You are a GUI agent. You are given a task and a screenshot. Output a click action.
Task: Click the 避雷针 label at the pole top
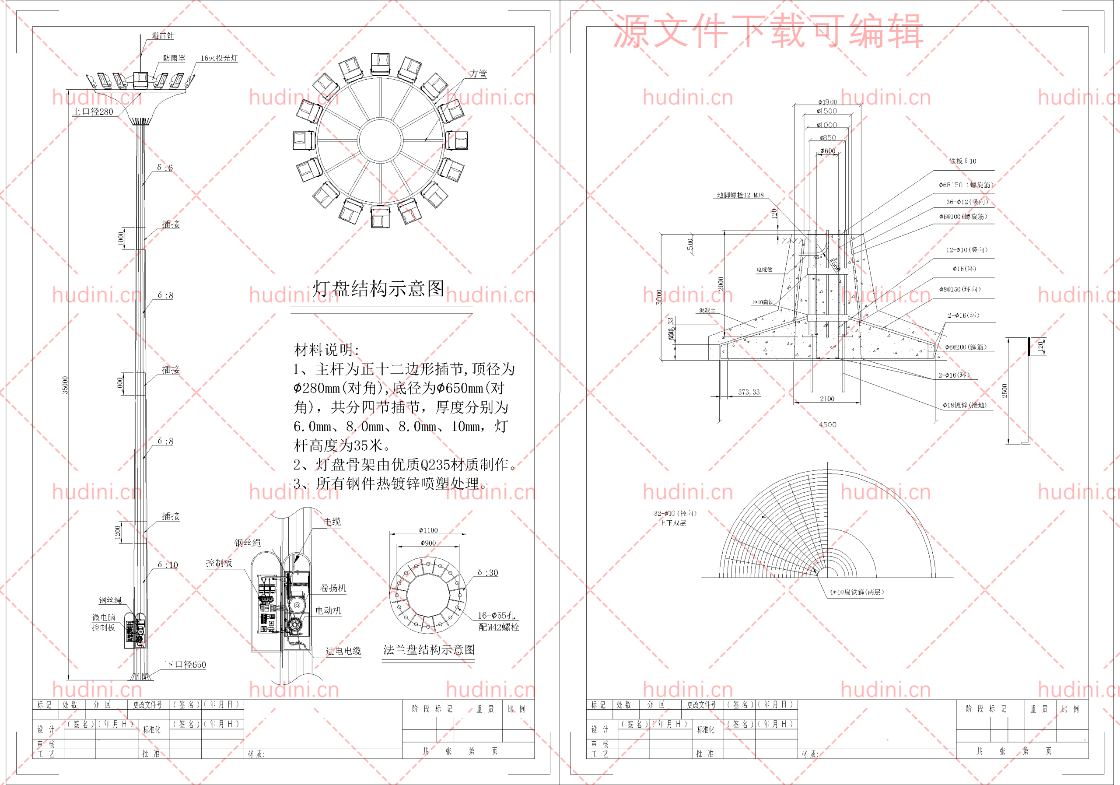(162, 35)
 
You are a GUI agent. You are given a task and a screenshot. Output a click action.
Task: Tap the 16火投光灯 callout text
(219, 58)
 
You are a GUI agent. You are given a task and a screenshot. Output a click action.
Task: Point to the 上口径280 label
(93, 112)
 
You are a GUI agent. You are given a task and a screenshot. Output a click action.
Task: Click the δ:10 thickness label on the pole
(168, 564)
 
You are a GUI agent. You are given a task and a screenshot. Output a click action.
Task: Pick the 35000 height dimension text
(65, 385)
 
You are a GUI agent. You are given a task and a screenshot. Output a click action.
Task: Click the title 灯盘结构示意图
(378, 289)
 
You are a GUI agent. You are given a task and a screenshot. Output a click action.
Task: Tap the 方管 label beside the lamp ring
(478, 74)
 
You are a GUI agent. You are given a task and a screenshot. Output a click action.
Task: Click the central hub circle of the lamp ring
(381, 140)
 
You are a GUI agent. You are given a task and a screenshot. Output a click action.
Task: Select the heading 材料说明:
(326, 350)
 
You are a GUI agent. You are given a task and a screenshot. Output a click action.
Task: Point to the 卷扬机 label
(332, 588)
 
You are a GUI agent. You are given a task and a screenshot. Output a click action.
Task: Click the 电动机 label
(328, 610)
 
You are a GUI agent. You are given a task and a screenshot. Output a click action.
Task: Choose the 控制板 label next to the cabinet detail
(219, 563)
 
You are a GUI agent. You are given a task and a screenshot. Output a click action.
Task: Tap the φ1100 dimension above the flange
(428, 530)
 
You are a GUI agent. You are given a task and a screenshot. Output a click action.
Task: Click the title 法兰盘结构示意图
(429, 649)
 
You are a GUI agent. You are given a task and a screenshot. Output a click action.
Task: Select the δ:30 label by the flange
(488, 572)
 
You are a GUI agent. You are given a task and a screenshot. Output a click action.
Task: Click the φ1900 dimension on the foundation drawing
(827, 102)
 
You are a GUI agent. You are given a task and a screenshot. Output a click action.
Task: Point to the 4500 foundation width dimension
(827, 425)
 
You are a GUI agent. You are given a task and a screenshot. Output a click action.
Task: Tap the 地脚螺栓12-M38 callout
(740, 195)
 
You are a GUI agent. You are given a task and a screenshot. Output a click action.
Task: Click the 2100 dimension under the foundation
(827, 399)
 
